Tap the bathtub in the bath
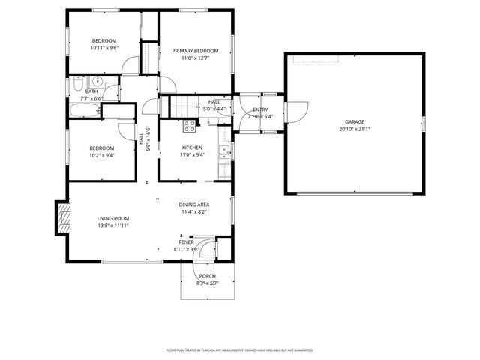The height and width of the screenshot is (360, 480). (84, 111)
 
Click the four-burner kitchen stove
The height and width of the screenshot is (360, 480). (188, 126)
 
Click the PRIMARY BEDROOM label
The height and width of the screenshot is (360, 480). (195, 51)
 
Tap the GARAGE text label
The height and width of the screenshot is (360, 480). (354, 121)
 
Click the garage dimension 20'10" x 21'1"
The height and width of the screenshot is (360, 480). (354, 129)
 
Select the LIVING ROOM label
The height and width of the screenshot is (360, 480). (113, 218)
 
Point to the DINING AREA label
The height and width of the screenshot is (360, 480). (193, 205)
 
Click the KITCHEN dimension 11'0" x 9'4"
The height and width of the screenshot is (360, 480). (192, 155)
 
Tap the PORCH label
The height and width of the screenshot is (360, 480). (207, 276)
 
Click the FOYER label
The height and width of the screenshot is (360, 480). (185, 242)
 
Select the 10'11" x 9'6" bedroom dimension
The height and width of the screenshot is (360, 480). (104, 48)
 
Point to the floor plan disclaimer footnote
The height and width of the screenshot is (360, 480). (239, 349)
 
